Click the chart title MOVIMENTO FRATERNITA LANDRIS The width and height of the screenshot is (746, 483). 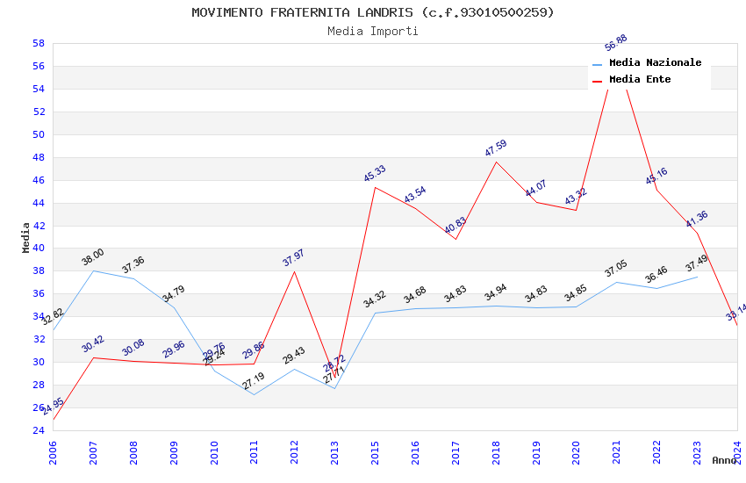click(x=373, y=12)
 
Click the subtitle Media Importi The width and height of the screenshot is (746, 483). click(x=373, y=31)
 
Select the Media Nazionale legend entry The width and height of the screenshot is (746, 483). click(x=655, y=63)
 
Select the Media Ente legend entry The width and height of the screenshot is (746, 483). click(x=640, y=79)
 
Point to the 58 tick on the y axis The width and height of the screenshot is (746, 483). click(x=39, y=43)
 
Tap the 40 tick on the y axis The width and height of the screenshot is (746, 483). click(x=39, y=249)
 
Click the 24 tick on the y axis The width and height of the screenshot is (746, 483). click(x=39, y=430)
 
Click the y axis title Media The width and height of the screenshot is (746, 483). click(x=26, y=237)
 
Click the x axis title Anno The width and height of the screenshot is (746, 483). click(x=725, y=460)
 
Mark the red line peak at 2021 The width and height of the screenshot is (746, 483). click(x=616, y=55)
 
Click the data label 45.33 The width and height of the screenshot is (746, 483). click(x=375, y=174)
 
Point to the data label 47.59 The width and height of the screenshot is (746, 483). click(x=496, y=148)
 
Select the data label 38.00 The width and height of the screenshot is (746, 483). click(x=93, y=257)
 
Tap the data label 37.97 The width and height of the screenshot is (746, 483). click(x=293, y=258)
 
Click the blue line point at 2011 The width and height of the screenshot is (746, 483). click(x=255, y=394)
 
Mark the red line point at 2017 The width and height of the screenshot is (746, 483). click(x=455, y=239)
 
